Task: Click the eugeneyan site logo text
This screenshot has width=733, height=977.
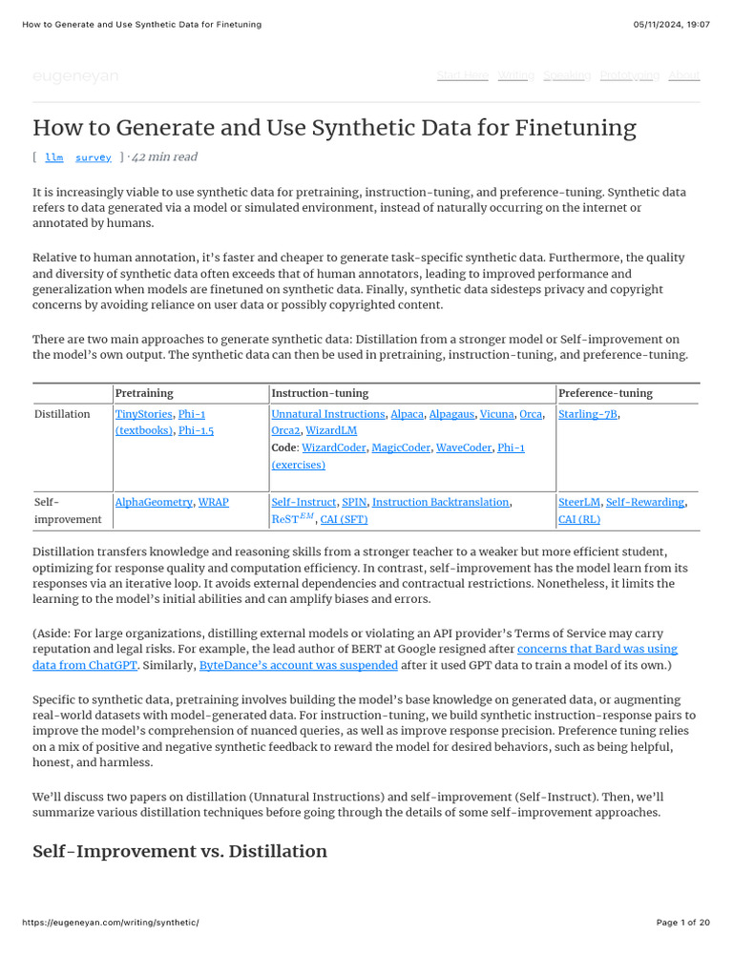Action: (x=75, y=76)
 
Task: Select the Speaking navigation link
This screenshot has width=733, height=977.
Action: (x=567, y=75)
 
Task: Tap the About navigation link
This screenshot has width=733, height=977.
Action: (x=683, y=75)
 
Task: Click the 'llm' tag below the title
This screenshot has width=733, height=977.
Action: (x=54, y=157)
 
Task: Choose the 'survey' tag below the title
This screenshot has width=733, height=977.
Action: (x=94, y=157)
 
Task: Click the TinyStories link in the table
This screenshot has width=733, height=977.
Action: (x=144, y=414)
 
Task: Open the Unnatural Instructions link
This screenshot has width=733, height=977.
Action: (x=329, y=414)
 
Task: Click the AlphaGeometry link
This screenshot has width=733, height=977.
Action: (x=154, y=502)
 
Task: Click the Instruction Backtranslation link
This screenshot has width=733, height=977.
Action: (x=441, y=502)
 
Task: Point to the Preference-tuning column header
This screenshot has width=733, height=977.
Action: (x=605, y=393)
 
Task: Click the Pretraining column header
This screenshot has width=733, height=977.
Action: (x=144, y=393)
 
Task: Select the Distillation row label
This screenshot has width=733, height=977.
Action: (x=62, y=414)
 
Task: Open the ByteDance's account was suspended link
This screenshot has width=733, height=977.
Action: (x=298, y=665)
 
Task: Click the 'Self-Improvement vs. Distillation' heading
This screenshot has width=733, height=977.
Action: (x=179, y=851)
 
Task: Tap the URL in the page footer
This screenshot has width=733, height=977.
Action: (x=110, y=923)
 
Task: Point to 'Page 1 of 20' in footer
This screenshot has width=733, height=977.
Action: (x=683, y=923)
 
